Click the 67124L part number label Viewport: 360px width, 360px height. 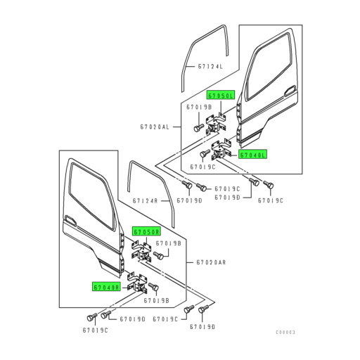click(210, 67)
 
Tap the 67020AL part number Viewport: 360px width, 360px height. click(155, 127)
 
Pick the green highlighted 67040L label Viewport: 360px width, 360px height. click(252, 155)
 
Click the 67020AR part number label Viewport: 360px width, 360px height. click(212, 262)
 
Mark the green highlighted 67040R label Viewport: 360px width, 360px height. click(106, 287)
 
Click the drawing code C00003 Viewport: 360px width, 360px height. click(285, 332)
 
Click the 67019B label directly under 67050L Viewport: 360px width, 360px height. click(195, 108)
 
